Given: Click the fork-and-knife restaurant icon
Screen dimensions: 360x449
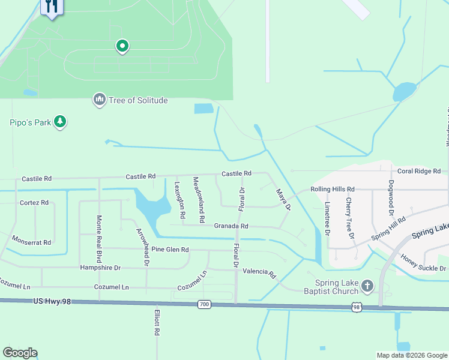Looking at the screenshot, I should pos(52,7).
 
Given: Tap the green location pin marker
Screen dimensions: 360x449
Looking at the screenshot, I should pos(122,46).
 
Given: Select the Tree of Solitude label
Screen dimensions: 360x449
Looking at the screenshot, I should pos(138,100).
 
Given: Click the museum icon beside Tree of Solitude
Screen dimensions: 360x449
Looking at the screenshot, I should pos(99,99).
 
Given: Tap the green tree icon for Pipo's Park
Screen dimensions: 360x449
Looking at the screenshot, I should pos(59,122).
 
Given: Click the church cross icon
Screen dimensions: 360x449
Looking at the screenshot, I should pos(367,286).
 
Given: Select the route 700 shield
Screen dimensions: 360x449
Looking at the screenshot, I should pos(204,305).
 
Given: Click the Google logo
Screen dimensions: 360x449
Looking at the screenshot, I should pos(20,353).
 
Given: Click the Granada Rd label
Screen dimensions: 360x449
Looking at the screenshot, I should pos(231,226).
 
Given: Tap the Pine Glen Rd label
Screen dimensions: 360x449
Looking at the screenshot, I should pos(170,250).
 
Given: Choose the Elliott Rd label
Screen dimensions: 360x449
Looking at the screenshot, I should pos(156,322).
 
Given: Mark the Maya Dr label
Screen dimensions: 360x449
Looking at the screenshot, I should pos(283,200).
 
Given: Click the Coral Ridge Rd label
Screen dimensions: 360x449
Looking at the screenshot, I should pos(419,171).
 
